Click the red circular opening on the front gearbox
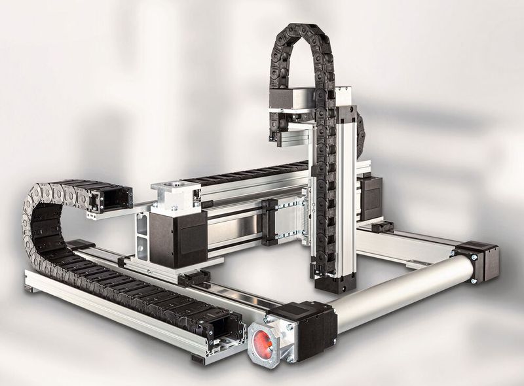tap(262, 342)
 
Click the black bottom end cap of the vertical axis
tap(334, 282)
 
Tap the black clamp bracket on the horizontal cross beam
tap(269, 222)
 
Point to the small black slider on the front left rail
tap(194, 279)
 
